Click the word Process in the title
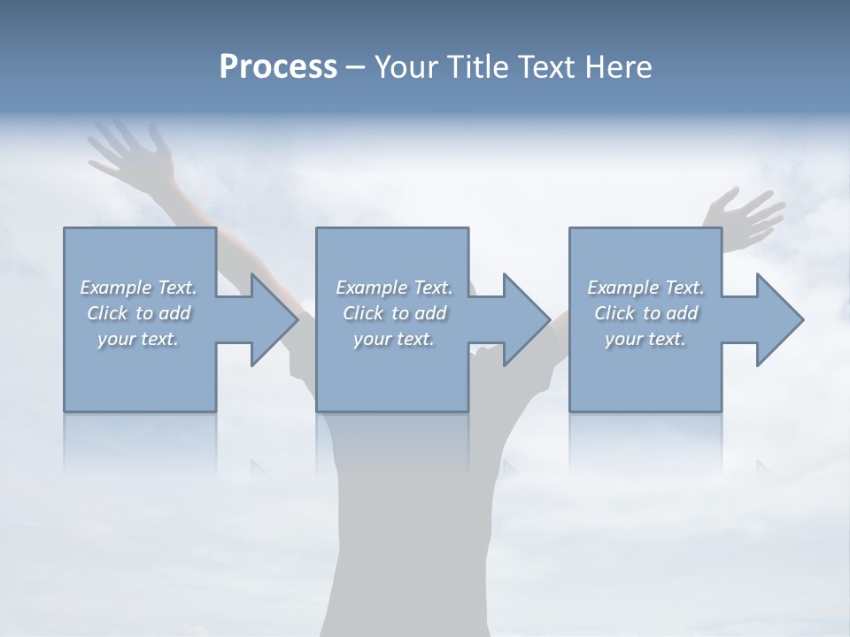278,67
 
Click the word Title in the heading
477,67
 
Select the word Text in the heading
548,67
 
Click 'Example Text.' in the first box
138,288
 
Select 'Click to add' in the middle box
394,313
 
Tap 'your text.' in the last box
645,339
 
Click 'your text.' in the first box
138,339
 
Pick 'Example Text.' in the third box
645,288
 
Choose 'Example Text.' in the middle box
394,288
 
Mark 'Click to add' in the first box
138,313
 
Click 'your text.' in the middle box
394,339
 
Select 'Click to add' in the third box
645,313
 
